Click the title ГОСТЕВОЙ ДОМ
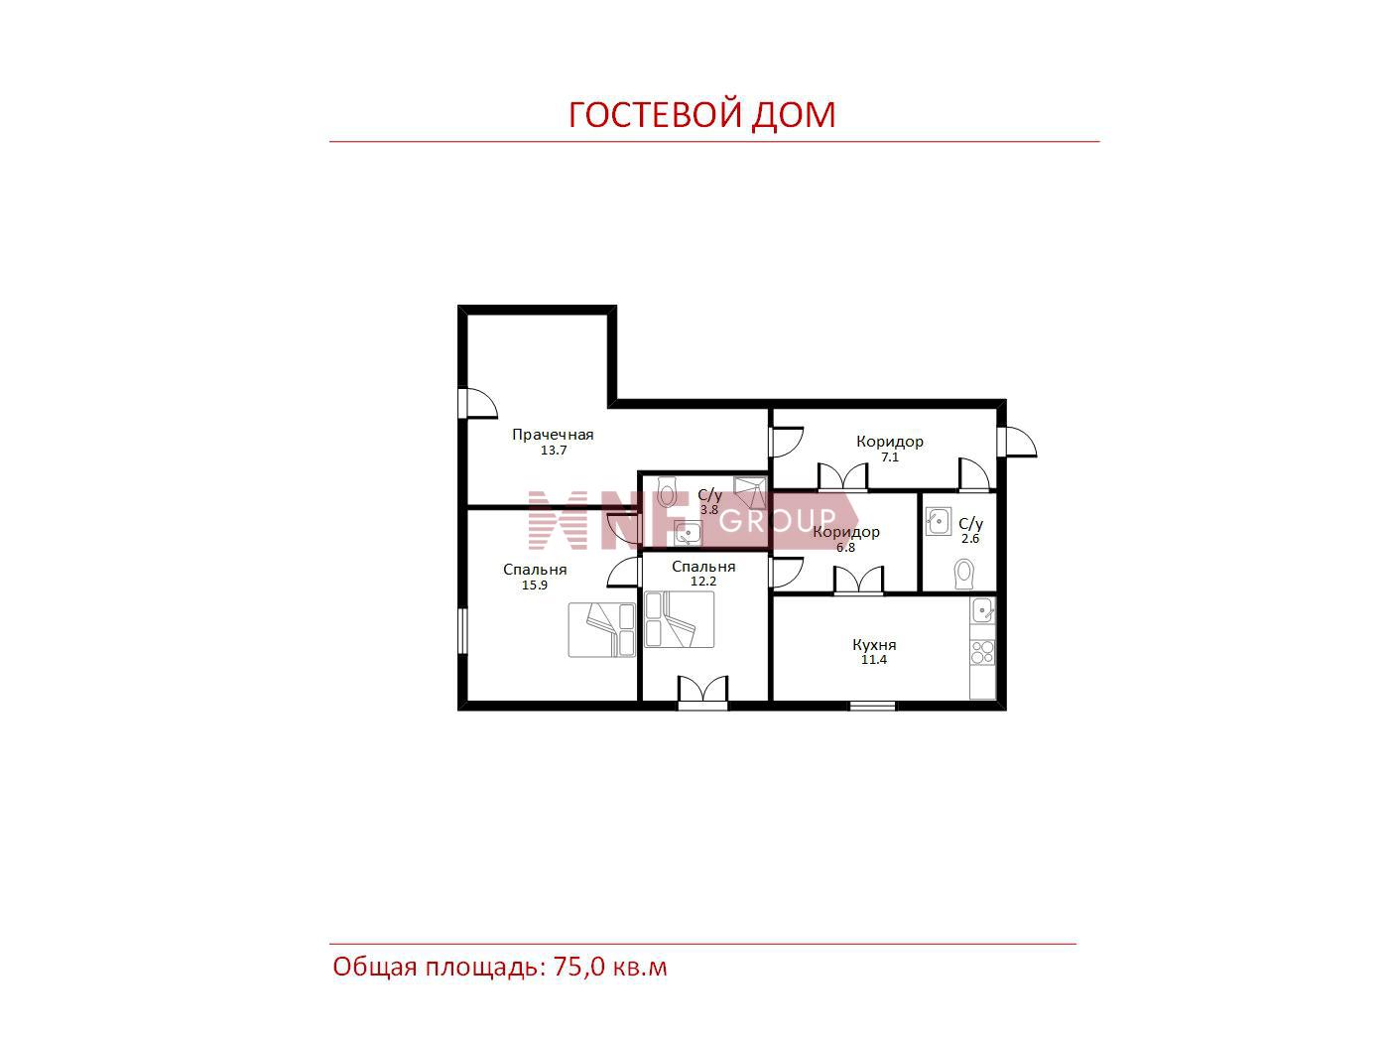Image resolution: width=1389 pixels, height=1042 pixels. click(x=701, y=114)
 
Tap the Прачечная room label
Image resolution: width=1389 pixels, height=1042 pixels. click(x=553, y=435)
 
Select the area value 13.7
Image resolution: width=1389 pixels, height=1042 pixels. click(x=553, y=451)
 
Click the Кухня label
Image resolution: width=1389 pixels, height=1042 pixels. click(x=874, y=645)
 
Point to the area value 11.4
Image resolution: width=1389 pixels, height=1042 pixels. click(x=874, y=660)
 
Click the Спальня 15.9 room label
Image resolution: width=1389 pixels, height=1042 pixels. click(x=535, y=570)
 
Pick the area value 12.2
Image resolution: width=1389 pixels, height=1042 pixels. click(x=703, y=582)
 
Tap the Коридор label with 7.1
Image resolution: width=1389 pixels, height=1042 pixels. click(x=890, y=442)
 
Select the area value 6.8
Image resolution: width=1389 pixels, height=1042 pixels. click(x=845, y=548)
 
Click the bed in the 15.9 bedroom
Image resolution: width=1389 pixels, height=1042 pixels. click(x=601, y=629)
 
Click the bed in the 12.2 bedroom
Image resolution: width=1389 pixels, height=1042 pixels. click(x=679, y=619)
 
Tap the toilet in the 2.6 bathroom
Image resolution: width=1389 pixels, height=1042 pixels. click(x=963, y=574)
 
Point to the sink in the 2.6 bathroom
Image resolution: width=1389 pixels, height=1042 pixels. click(x=939, y=521)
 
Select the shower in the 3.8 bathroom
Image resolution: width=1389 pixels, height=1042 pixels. click(x=750, y=493)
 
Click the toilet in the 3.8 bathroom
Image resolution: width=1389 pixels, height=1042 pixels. click(x=665, y=491)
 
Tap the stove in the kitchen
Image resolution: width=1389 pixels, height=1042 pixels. click(x=982, y=652)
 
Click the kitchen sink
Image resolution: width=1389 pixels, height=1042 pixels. click(x=983, y=610)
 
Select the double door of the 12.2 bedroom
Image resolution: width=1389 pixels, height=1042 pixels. click(x=702, y=691)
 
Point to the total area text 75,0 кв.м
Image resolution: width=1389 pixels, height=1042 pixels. click(x=610, y=967)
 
